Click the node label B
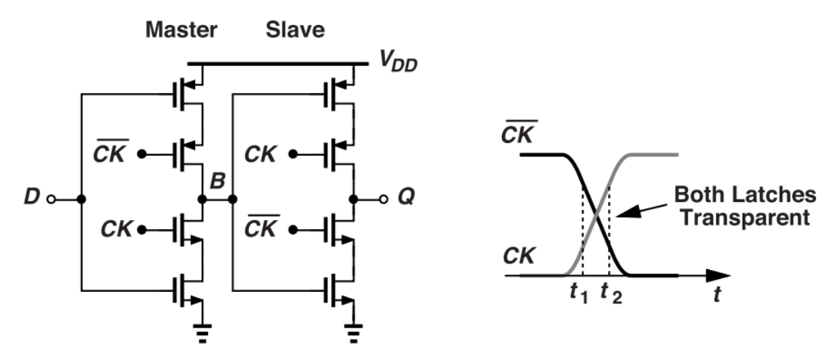pyautogui.click(x=217, y=182)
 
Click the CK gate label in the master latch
pyautogui.click(x=114, y=228)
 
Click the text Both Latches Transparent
pyautogui.click(x=746, y=206)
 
